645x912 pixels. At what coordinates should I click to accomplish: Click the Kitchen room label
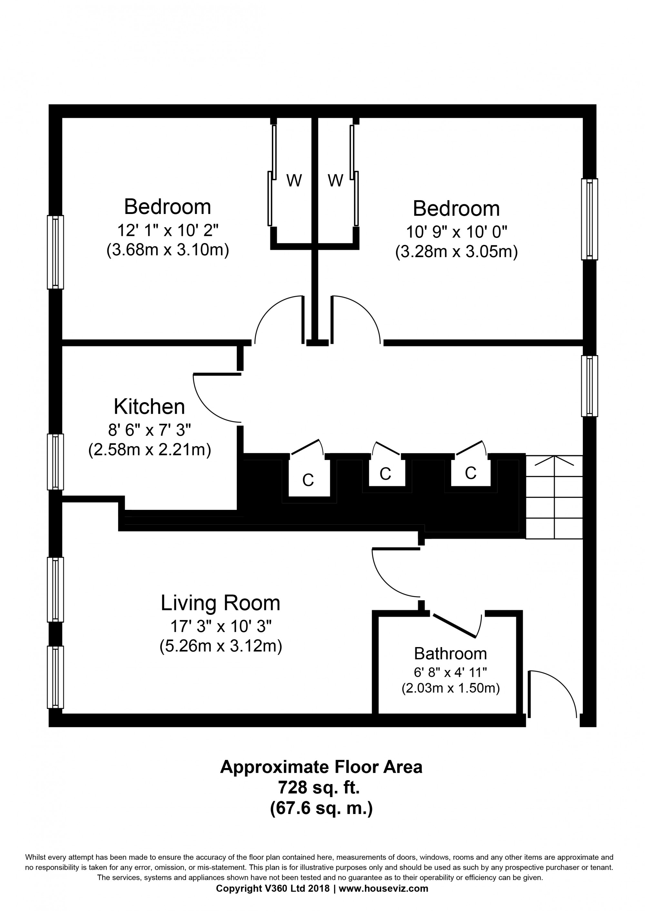tap(149, 406)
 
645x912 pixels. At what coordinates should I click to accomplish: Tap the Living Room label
tap(221, 603)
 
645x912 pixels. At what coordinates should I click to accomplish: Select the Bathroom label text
tap(450, 654)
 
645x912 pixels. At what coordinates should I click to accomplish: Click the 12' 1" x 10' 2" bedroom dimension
tap(168, 230)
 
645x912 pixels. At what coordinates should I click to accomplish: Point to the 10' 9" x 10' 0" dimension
tap(457, 232)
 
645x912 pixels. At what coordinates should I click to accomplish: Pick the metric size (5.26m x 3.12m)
tap(221, 646)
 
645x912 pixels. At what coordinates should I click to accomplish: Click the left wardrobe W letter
tap(294, 181)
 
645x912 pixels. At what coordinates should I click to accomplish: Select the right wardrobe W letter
tap(335, 181)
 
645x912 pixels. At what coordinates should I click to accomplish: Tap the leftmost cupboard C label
tap(308, 480)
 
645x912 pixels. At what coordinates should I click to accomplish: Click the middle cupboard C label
tap(385, 473)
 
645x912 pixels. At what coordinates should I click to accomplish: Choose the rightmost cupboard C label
tap(471, 473)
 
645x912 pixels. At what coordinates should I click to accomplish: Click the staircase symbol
tap(554, 497)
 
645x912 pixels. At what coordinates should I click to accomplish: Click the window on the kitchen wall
tap(55, 461)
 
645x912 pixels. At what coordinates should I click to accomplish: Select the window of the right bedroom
tap(589, 219)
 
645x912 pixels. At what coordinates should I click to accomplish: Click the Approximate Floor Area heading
tap(321, 767)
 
